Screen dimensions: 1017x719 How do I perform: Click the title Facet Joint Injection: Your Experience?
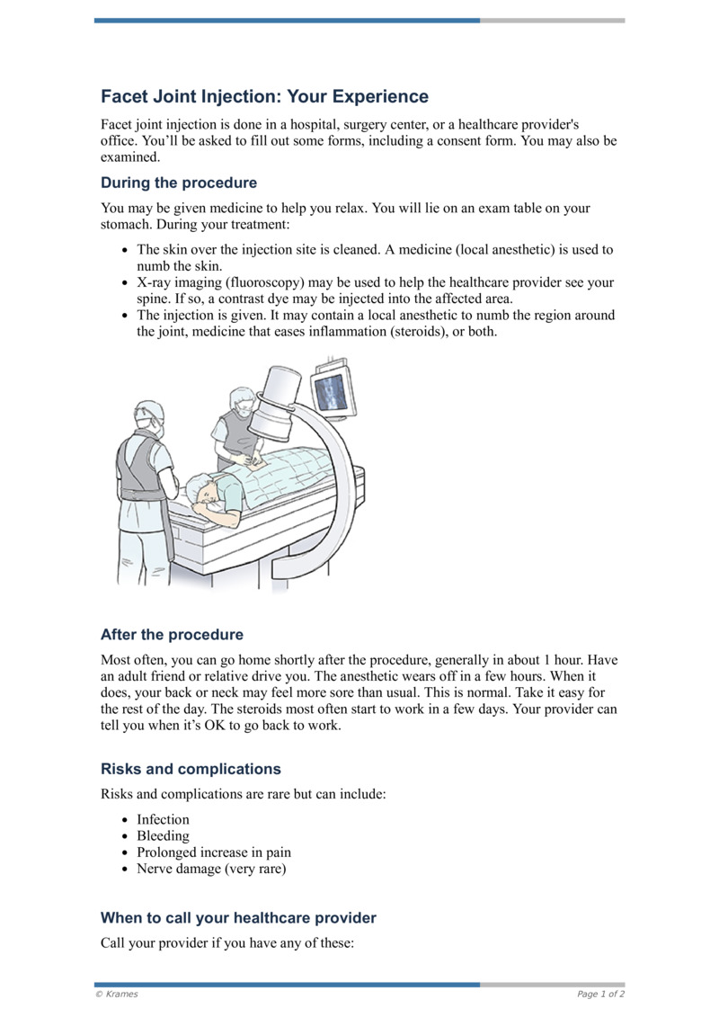tap(264, 96)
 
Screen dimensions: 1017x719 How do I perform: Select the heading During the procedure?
tap(179, 183)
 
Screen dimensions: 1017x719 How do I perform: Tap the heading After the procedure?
tap(172, 634)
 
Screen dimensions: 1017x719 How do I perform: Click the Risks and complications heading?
tap(191, 769)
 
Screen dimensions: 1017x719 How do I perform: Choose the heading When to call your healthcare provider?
tap(238, 918)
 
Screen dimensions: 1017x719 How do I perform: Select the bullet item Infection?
tap(163, 819)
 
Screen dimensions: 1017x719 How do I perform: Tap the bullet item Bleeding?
tap(163, 835)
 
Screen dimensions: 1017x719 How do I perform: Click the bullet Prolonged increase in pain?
tap(214, 852)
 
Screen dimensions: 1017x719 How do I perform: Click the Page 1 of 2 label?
tap(600, 994)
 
